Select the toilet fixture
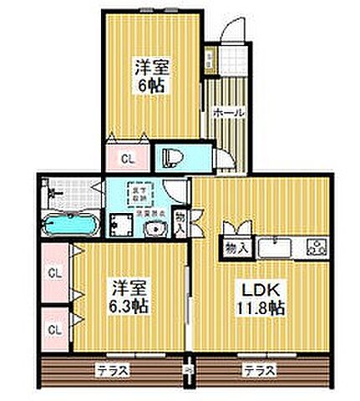(x=174, y=156)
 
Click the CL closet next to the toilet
(x=128, y=157)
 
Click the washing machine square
(x=125, y=225)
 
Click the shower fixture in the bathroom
(x=55, y=194)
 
